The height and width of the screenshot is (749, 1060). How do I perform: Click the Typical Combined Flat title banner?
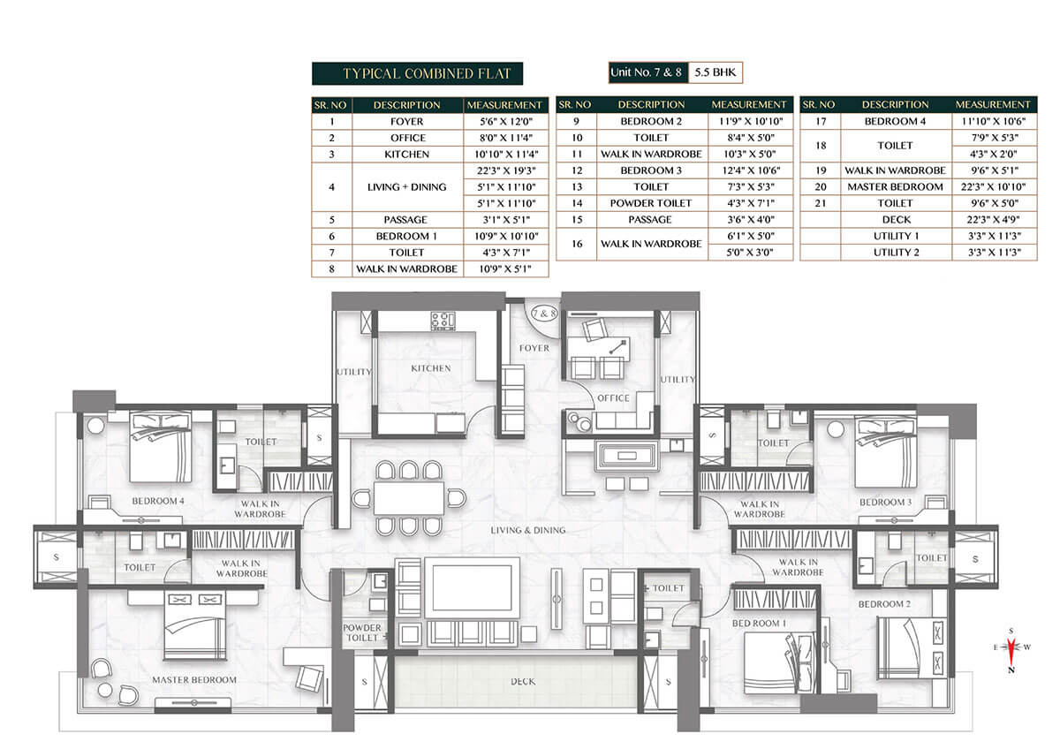point(417,73)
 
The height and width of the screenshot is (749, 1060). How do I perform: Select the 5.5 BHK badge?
point(715,72)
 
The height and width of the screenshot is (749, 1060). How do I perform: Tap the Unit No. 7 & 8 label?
point(647,72)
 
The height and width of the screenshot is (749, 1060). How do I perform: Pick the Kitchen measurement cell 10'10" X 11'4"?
point(506,155)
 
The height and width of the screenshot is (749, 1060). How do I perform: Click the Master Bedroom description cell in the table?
point(896,187)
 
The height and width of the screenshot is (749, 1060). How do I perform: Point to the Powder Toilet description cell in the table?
point(651,203)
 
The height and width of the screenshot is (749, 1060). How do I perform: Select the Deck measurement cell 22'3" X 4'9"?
point(995,220)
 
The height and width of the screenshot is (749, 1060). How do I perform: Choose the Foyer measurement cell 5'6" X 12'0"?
point(506,122)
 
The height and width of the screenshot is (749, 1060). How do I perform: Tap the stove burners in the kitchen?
point(443,321)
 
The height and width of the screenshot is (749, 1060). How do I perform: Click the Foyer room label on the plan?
point(534,348)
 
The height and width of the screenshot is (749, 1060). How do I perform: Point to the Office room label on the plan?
point(613,398)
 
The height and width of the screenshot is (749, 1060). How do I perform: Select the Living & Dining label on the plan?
point(528,531)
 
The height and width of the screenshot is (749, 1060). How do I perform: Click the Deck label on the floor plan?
point(523,681)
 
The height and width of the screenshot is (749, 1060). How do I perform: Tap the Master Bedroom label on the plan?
point(194,680)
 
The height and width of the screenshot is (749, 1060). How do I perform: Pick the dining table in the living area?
point(409,498)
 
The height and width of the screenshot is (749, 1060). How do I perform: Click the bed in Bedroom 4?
point(161,447)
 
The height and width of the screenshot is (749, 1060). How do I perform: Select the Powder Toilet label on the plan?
point(362,632)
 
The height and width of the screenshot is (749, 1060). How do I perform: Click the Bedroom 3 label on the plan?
point(885,502)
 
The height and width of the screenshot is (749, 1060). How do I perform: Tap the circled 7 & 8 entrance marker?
point(544,314)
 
